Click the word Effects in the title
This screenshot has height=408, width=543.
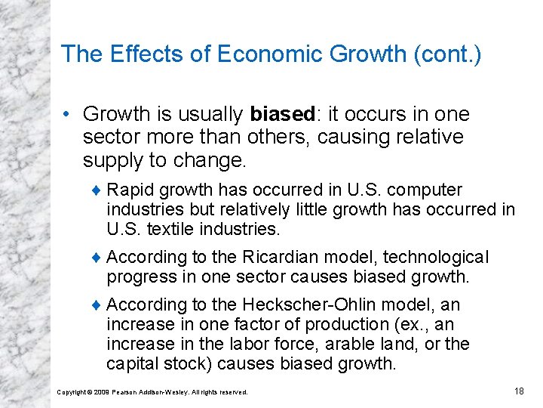click(x=136, y=54)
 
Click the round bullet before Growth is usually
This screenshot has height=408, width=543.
click(x=68, y=115)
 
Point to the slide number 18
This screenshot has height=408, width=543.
click(x=519, y=390)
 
